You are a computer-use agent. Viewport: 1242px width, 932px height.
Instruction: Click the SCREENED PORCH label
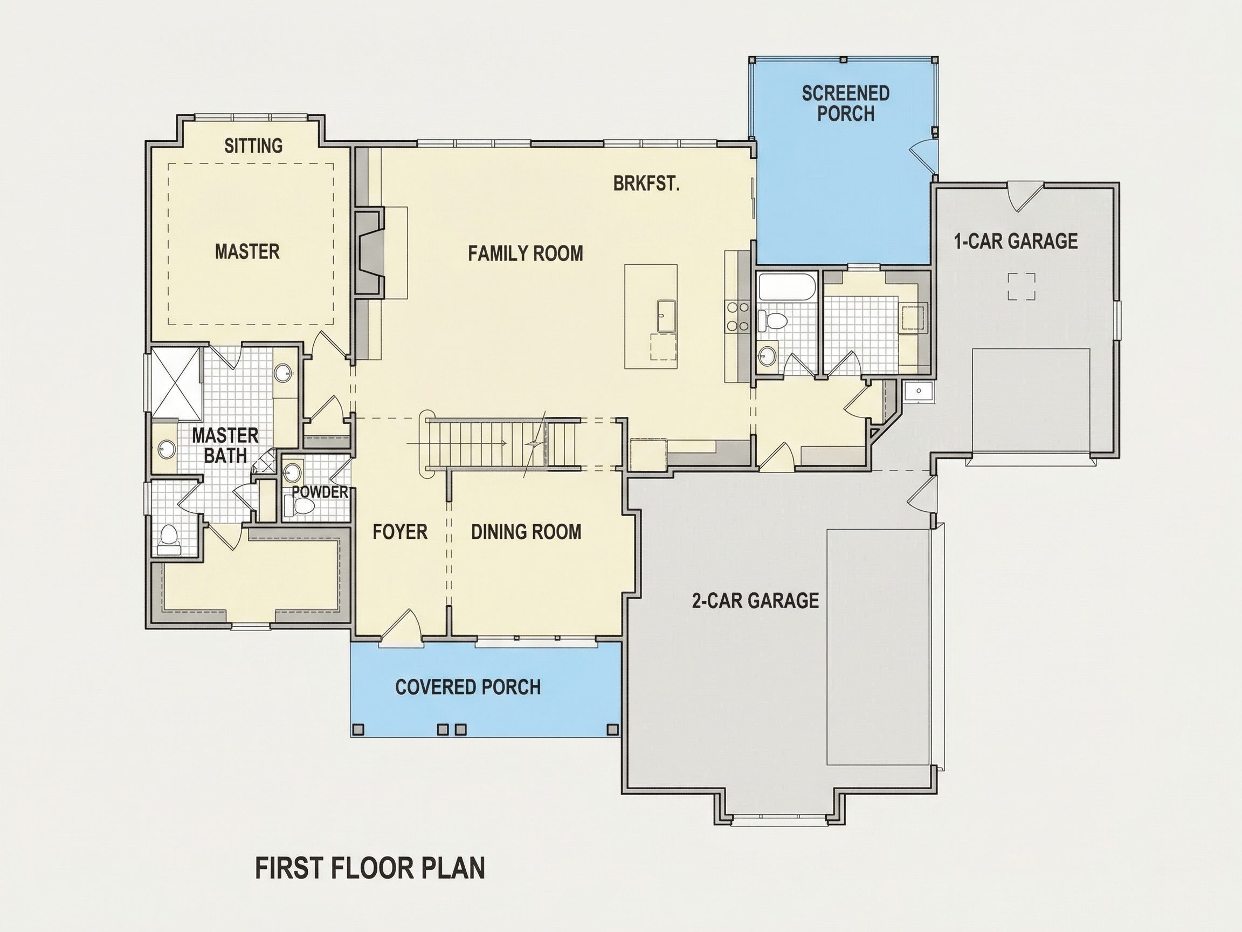coord(846,104)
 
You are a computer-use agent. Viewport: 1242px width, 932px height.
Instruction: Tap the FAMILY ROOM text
coord(526,253)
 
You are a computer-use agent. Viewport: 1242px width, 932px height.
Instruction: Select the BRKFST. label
coord(646,184)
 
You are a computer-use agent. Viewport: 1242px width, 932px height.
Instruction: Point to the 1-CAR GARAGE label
coord(1016,241)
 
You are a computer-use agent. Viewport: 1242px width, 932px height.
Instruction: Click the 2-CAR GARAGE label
coord(755,600)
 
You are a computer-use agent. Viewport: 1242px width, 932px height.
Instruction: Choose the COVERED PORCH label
coord(468,687)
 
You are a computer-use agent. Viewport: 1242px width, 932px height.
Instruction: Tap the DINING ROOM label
coord(526,531)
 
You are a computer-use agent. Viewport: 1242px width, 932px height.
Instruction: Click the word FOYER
coord(400,531)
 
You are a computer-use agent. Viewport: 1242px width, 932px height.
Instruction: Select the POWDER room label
coord(320,492)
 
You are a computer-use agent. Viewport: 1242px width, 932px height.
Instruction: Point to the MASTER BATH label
coord(225,445)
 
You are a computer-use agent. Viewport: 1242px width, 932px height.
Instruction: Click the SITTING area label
coord(253,146)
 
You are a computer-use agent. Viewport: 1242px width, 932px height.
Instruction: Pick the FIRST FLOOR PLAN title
coord(370,868)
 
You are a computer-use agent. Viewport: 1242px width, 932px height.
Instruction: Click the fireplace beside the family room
coord(370,251)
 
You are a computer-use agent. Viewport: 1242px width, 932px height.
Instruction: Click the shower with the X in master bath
coord(176,383)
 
